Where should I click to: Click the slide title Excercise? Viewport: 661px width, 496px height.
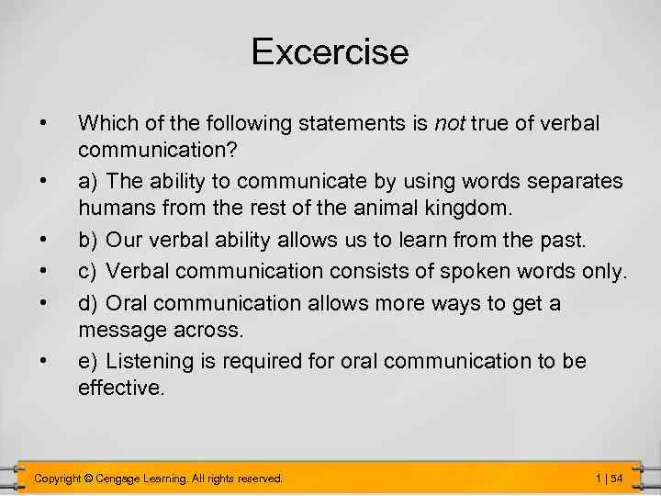[330, 51]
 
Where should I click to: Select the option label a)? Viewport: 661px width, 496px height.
[89, 182]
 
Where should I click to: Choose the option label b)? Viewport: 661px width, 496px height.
[89, 241]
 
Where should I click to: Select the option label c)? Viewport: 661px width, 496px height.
[89, 272]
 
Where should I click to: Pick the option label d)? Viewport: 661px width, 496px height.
[89, 302]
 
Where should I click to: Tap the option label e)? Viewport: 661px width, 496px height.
[89, 361]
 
